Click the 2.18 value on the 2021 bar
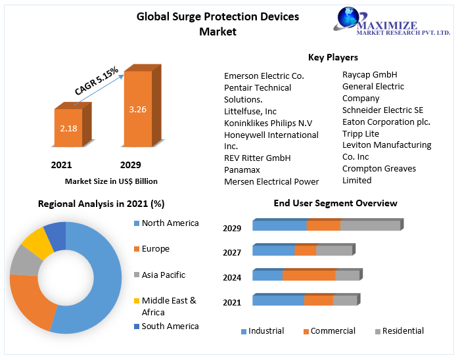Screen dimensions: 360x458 pyautogui.click(x=68, y=128)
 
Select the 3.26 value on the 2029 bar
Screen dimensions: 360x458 pyautogui.click(x=137, y=109)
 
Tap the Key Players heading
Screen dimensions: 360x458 pyautogui.click(x=332, y=57)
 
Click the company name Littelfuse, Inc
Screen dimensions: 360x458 pyautogui.click(x=250, y=112)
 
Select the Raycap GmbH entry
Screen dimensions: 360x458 pyautogui.click(x=369, y=75)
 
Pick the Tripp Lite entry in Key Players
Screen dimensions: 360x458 pyautogui.click(x=361, y=133)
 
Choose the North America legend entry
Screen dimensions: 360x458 pyautogui.click(x=170, y=223)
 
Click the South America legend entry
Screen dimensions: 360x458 pyautogui.click(x=170, y=326)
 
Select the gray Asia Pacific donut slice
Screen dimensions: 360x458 pyautogui.click(x=24, y=261)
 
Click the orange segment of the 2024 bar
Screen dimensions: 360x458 pyautogui.click(x=308, y=275)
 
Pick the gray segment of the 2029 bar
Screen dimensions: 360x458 pyautogui.click(x=370, y=225)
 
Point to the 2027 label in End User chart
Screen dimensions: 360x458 pyautogui.click(x=232, y=252)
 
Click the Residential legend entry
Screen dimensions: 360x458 pyautogui.click(x=403, y=331)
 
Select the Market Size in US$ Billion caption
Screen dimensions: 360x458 pyautogui.click(x=111, y=181)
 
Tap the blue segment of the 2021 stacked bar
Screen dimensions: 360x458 pyautogui.click(x=278, y=300)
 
